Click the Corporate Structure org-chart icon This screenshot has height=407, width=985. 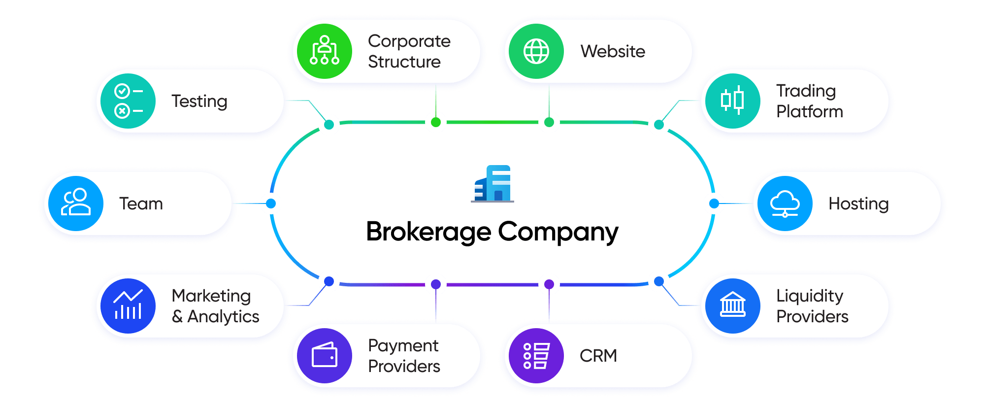(325, 51)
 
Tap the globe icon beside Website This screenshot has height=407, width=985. (536, 51)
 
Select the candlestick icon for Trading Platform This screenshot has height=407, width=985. (732, 101)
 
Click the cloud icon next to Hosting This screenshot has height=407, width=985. (785, 203)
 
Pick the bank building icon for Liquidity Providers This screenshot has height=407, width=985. (732, 305)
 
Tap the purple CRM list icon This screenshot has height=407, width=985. (536, 356)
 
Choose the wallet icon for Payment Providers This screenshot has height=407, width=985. (325, 356)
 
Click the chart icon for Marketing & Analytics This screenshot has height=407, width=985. (128, 305)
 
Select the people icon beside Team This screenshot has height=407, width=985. (76, 203)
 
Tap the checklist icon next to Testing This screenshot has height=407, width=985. (128, 101)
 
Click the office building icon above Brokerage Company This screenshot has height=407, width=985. (492, 184)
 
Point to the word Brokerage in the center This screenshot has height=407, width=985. (429, 232)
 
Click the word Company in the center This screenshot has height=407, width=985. (558, 232)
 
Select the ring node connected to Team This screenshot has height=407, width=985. (271, 203)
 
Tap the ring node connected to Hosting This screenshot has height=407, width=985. (714, 203)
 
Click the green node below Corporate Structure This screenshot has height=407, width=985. (436, 122)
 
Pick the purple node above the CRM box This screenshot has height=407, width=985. (549, 284)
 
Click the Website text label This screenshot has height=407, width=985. (613, 51)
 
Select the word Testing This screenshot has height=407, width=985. (199, 101)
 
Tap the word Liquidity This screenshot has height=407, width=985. (810, 296)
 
